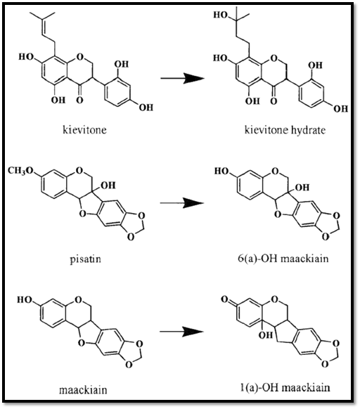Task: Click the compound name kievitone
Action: point(84,129)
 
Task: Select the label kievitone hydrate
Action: point(285,130)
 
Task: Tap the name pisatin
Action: point(85,259)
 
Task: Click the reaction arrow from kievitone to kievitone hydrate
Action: point(181,78)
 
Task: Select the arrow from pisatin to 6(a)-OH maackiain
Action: point(181,202)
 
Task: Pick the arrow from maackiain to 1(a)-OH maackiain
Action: point(181,332)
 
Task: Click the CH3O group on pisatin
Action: point(21,171)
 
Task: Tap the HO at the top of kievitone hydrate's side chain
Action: point(221,15)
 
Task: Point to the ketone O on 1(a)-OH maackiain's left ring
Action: point(224,299)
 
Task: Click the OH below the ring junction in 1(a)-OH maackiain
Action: point(266,335)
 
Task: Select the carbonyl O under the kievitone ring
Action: point(80,100)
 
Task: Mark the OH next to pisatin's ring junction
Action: point(108,186)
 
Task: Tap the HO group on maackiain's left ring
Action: point(25,300)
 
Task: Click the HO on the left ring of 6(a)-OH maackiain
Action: point(221,171)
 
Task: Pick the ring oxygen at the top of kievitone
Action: point(79,56)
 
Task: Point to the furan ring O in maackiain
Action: point(82,343)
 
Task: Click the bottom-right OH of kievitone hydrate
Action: point(341,108)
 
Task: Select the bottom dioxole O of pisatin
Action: point(131,237)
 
